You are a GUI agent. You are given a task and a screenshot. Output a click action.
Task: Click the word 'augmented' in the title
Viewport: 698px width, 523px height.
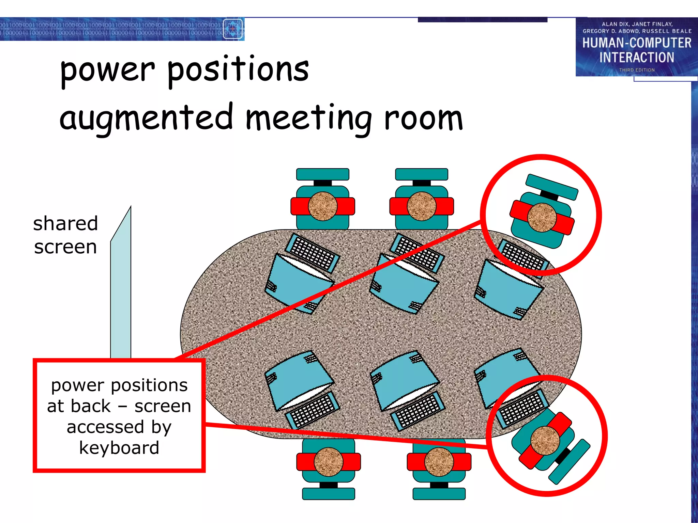coord(147,117)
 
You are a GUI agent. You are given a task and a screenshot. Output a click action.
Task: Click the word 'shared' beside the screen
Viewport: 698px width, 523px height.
coord(65,224)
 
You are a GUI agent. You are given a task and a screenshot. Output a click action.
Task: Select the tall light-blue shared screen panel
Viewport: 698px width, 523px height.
coord(121,289)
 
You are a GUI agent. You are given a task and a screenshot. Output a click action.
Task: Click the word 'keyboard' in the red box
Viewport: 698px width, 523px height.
coord(119,447)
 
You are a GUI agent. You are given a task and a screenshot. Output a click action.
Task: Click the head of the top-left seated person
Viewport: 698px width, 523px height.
coord(322,206)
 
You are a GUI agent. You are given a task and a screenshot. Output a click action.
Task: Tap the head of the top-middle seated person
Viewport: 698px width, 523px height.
coord(422,206)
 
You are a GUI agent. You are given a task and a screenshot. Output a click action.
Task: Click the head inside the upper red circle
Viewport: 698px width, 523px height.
coord(542,217)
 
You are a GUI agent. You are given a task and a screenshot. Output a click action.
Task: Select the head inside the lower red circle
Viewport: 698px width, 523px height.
coord(545,441)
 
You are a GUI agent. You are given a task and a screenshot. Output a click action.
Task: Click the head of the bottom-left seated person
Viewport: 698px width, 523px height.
coord(328,462)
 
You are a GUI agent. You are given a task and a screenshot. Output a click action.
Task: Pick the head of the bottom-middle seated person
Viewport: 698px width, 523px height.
coord(439,462)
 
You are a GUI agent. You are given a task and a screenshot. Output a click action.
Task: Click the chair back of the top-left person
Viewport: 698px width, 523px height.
coord(322,174)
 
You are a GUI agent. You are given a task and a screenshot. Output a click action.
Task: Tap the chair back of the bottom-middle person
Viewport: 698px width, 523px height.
coord(439,494)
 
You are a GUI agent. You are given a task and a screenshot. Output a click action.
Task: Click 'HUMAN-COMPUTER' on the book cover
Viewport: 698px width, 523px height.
coord(637,43)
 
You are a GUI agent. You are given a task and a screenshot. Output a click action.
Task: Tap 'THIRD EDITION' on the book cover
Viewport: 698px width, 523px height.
coord(637,70)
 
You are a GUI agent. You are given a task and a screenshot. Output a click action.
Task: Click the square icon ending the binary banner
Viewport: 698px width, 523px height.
coord(233,29)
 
